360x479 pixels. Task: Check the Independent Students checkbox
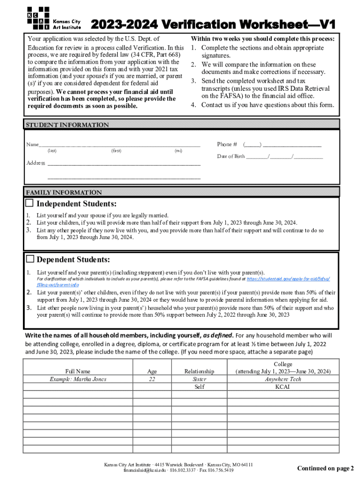click(x=29, y=203)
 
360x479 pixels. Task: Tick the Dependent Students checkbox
click(x=30, y=259)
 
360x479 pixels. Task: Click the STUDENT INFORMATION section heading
click(x=67, y=125)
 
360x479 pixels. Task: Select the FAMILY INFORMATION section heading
click(x=64, y=192)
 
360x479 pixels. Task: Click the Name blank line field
click(x=120, y=145)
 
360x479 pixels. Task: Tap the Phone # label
click(x=227, y=144)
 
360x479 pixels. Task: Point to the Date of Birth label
click(x=231, y=156)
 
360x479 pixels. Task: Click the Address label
click(x=36, y=163)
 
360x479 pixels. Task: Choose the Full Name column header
click(x=78, y=371)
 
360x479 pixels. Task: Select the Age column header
click(x=152, y=371)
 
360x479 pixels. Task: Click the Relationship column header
click(x=199, y=371)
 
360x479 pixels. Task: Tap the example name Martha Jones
click(x=78, y=379)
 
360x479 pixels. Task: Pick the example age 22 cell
click(x=152, y=379)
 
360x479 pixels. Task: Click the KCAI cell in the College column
click(x=283, y=387)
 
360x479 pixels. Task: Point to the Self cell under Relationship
click(x=199, y=387)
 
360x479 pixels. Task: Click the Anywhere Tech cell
click(x=283, y=379)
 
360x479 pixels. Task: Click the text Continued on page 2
click(x=325, y=468)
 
